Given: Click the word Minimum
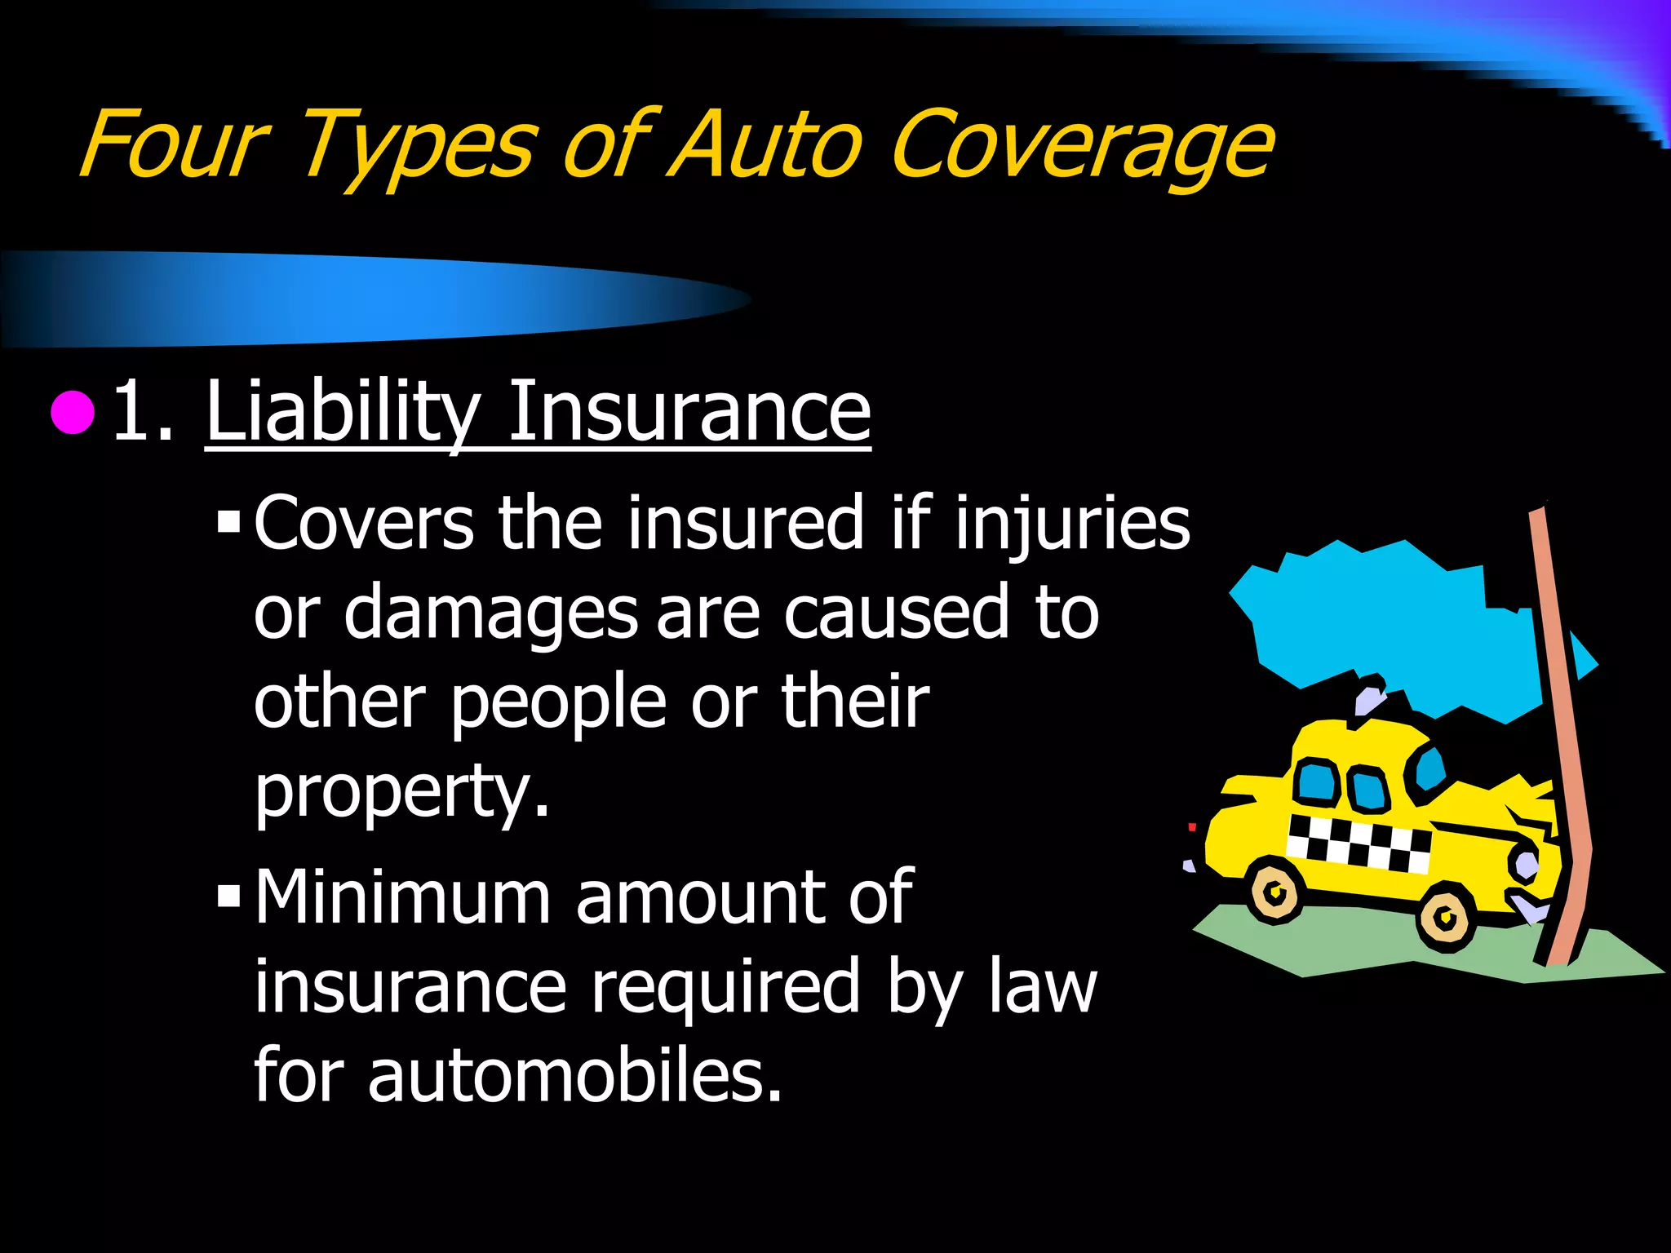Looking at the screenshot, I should (402, 897).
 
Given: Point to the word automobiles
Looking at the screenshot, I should (574, 1075).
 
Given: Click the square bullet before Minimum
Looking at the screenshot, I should (229, 898).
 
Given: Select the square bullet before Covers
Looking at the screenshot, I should (229, 520).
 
